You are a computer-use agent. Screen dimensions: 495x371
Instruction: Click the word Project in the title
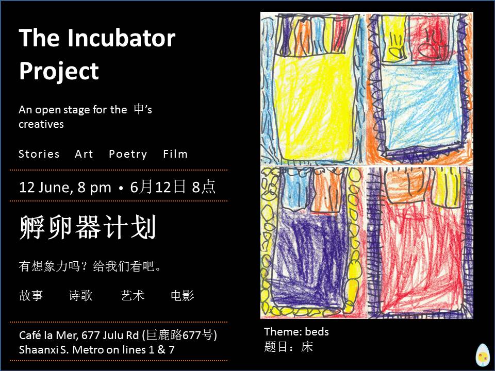tap(59, 71)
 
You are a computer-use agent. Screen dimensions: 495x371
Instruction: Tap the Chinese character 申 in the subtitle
tap(139, 109)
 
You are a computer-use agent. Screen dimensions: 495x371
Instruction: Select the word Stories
tap(39, 154)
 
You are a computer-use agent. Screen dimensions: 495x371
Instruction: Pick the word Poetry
tap(128, 154)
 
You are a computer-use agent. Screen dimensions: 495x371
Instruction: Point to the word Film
tap(175, 154)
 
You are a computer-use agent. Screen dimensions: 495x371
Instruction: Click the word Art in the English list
tap(84, 154)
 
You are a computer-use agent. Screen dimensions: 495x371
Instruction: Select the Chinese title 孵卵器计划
tap(88, 227)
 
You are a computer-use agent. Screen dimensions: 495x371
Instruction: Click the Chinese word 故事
tap(31, 296)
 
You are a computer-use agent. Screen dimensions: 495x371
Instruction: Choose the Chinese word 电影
tap(183, 296)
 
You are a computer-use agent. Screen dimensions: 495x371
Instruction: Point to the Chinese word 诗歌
tap(80, 296)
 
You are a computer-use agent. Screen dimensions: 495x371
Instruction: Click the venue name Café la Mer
tap(48, 335)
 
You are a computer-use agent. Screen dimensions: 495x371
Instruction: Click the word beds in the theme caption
tap(317, 331)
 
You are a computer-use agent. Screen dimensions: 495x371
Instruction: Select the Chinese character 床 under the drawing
tap(307, 347)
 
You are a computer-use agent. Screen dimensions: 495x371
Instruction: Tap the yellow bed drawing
tap(312, 89)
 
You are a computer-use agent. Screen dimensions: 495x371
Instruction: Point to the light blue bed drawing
tap(420, 89)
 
